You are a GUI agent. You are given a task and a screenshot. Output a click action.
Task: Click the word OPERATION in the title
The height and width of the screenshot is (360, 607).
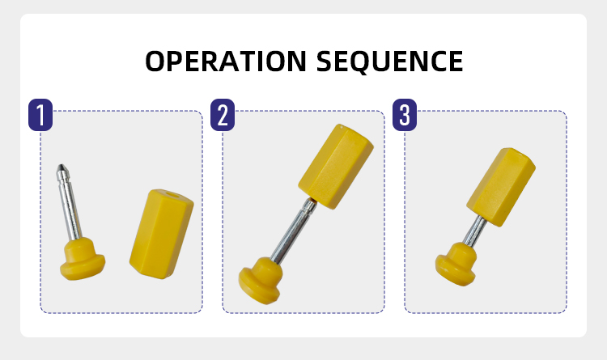coord(226,61)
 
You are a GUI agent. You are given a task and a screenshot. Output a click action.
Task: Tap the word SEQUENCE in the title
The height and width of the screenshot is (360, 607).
coord(389,61)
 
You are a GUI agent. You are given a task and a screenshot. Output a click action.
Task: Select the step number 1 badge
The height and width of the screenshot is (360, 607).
coord(40,115)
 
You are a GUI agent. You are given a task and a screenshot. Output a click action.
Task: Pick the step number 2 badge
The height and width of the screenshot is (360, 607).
coord(223,115)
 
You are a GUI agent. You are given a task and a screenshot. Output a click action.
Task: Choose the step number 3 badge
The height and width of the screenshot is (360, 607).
coord(405,115)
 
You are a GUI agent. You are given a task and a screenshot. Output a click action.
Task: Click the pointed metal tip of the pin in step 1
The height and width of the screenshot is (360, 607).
coord(62,167)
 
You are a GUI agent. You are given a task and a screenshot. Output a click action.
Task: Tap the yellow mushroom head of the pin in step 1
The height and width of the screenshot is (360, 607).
coord(82,259)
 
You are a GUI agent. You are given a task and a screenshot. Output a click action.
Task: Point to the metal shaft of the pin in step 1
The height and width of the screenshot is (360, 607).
coord(70,205)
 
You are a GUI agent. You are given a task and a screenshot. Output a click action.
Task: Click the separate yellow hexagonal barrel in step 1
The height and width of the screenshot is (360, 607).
coord(161,234)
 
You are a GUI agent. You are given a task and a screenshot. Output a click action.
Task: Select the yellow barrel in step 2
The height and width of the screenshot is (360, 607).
coord(335,167)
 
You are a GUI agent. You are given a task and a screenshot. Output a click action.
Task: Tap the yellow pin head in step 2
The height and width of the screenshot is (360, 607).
coord(260,280)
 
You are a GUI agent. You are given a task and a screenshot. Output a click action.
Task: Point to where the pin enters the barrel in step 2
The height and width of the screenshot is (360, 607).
coord(311,201)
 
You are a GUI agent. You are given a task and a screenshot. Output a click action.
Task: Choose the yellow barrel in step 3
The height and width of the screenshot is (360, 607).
coord(500,187)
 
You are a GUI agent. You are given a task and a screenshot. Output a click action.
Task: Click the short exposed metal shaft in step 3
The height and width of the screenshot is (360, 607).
coord(474,231)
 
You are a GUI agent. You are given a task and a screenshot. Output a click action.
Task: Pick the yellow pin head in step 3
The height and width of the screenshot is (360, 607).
coord(456,264)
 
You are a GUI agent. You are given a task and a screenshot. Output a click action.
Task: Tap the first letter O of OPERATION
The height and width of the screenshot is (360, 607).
coord(155,61)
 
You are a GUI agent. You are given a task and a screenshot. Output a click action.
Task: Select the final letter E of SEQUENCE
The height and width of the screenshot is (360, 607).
coord(456,61)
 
